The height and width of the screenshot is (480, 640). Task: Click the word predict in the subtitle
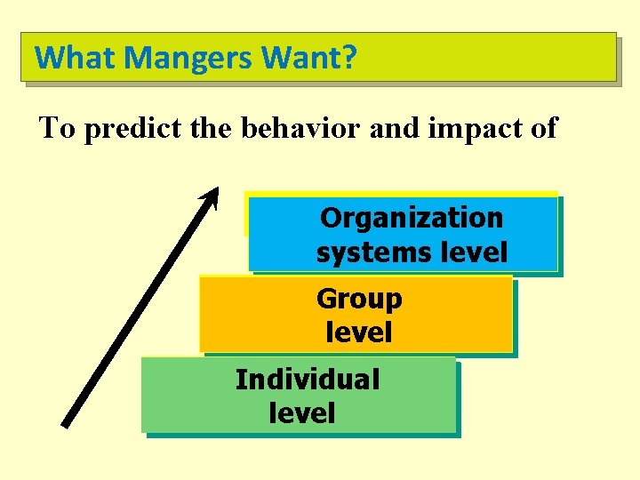pyautogui.click(x=123, y=129)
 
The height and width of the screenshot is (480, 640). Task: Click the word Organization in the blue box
pyautogui.click(x=412, y=218)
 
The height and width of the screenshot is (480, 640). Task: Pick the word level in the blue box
pyautogui.click(x=474, y=252)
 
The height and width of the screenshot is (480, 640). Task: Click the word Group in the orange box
pyautogui.click(x=359, y=299)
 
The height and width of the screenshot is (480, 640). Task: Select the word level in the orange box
pyautogui.click(x=359, y=333)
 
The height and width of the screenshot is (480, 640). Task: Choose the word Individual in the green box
pyautogui.click(x=307, y=380)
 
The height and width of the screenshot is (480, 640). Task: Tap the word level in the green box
pyautogui.click(x=301, y=413)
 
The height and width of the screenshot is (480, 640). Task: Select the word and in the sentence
pyautogui.click(x=390, y=128)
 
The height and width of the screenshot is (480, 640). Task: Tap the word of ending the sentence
pyautogui.click(x=541, y=128)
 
